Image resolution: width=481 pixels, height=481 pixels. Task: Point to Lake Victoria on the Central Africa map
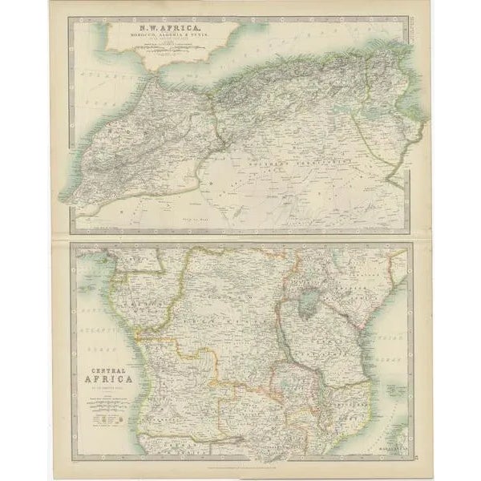pyautogui.click(x=305, y=302)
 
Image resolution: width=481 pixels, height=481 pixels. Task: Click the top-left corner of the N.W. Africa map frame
pyautogui.click(x=70, y=18)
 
